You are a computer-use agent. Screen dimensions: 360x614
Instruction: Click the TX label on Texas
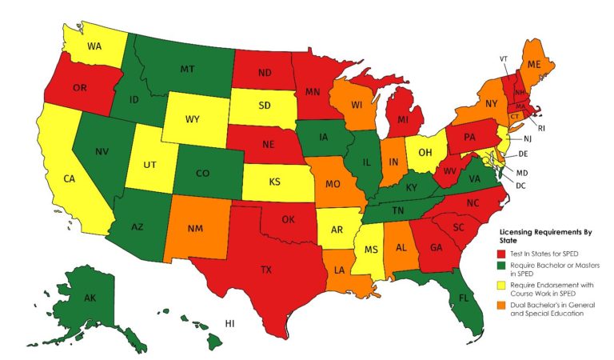tap(265, 270)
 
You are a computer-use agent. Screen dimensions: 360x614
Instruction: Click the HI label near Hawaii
tap(229, 323)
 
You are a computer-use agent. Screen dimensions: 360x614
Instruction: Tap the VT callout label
tap(504, 59)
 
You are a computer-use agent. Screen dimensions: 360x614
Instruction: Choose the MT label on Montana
tap(188, 70)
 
